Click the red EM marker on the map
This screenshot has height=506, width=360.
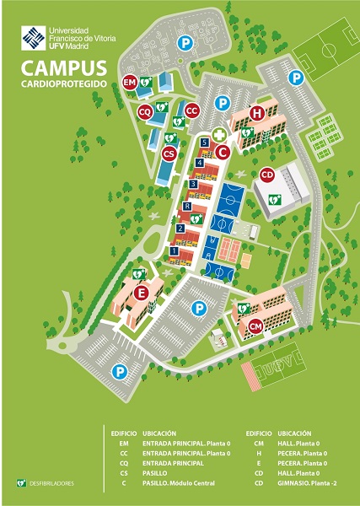click(x=130, y=83)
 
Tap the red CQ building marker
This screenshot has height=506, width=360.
click(x=145, y=111)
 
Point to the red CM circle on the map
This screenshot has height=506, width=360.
click(x=255, y=326)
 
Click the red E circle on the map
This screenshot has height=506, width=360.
click(x=142, y=293)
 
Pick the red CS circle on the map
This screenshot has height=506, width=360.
click(x=169, y=153)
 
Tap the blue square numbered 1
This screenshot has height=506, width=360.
click(x=175, y=250)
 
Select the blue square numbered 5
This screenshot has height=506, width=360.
click(x=205, y=144)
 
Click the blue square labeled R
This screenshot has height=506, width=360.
click(x=187, y=206)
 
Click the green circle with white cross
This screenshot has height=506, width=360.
click(x=219, y=134)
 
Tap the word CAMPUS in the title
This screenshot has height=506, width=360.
click(x=64, y=67)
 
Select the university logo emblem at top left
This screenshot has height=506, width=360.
click(x=35, y=38)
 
